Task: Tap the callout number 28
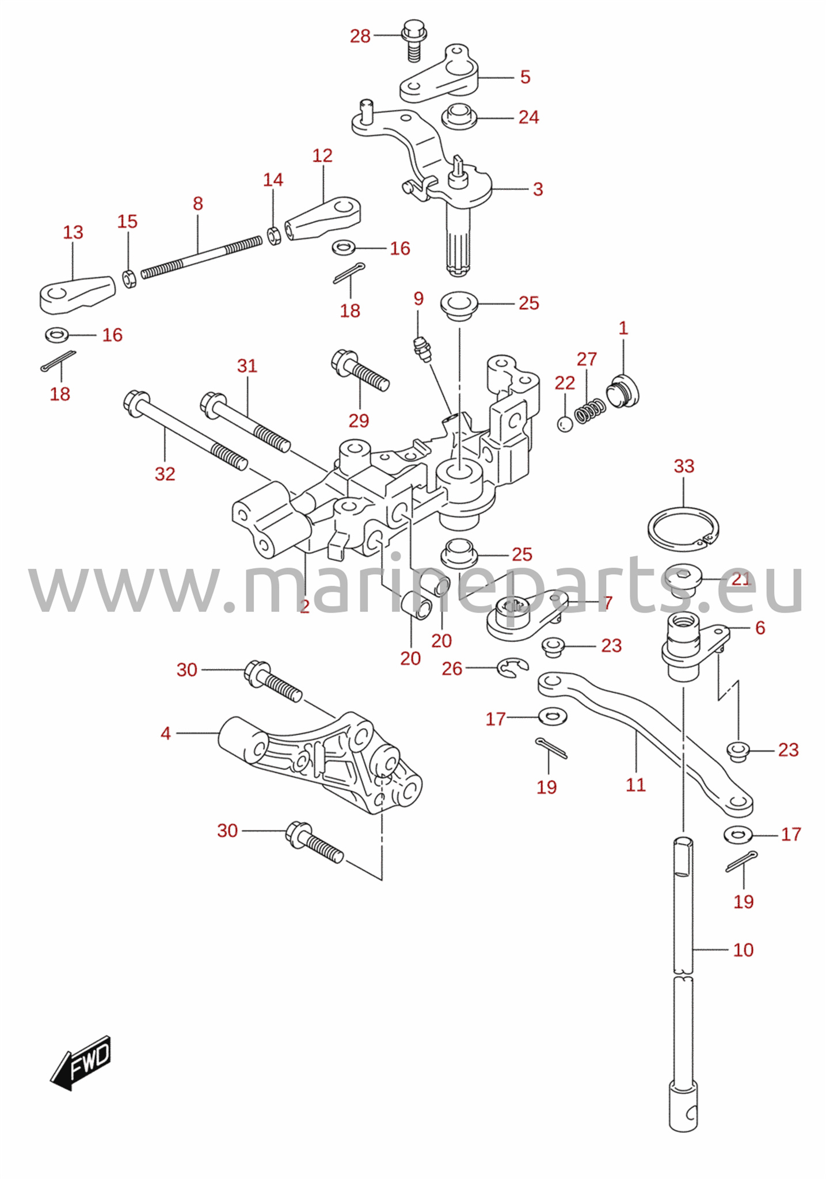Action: click(x=360, y=36)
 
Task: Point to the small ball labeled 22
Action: click(x=565, y=424)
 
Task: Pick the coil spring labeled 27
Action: click(x=591, y=412)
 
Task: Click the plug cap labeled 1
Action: click(x=623, y=390)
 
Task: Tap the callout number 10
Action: click(x=743, y=950)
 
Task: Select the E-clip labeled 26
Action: click(x=512, y=668)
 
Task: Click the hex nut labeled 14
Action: click(x=274, y=235)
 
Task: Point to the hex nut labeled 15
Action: click(x=130, y=278)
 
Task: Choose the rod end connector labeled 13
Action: click(x=77, y=294)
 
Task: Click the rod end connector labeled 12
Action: click(x=323, y=219)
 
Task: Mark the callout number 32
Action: click(x=165, y=474)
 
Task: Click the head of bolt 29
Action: click(x=344, y=361)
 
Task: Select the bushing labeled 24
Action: click(x=459, y=116)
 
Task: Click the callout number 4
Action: click(x=166, y=733)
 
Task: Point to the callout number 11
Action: click(x=635, y=785)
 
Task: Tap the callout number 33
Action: click(x=684, y=466)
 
